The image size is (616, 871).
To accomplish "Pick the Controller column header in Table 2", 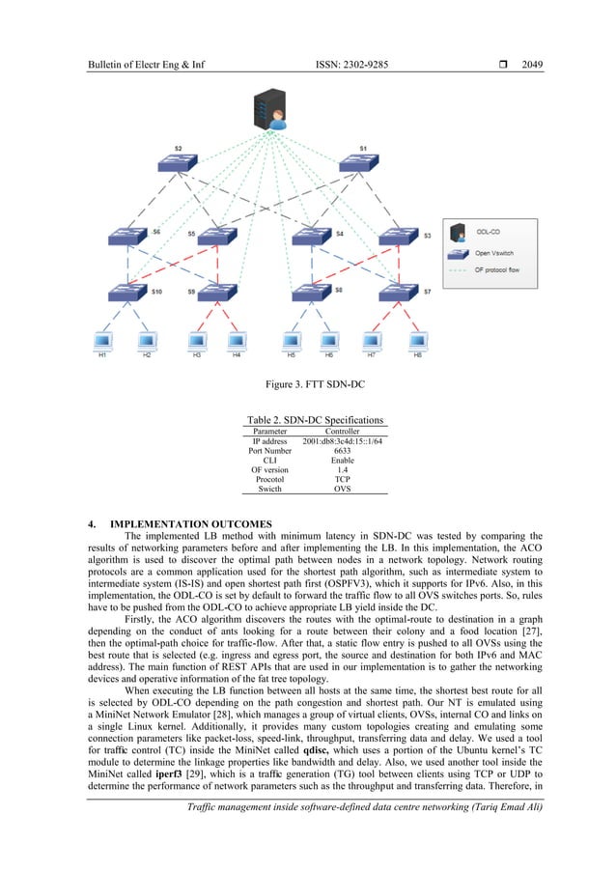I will pyautogui.click(x=342, y=430).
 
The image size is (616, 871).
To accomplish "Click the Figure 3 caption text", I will pyautogui.click(x=307, y=386).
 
